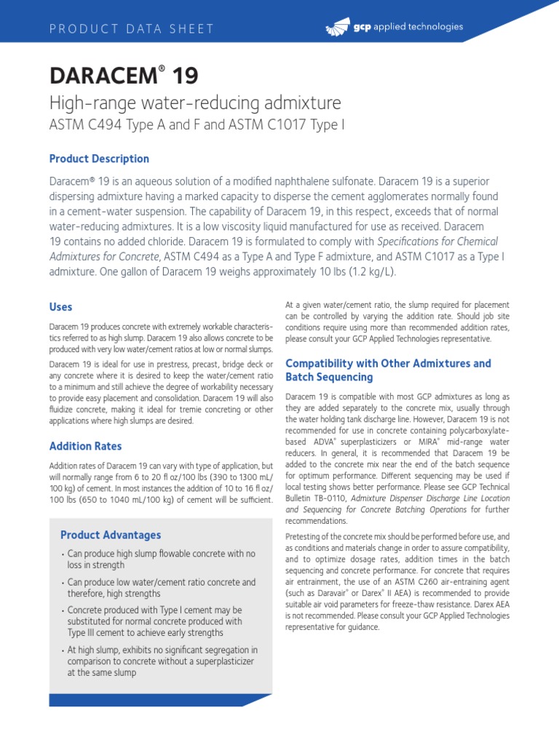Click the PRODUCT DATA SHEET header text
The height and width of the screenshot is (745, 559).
(131, 29)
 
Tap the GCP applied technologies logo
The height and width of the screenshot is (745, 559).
(393, 28)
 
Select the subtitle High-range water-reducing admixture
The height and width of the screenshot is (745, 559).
(194, 103)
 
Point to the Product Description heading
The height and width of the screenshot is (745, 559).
(99, 159)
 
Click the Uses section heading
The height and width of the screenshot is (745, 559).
(60, 307)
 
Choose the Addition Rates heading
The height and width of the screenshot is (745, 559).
(85, 446)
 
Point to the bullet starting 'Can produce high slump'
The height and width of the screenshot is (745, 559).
(161, 559)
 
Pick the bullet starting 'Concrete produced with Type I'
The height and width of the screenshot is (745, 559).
(155, 621)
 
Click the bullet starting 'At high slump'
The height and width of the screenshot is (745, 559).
(162, 661)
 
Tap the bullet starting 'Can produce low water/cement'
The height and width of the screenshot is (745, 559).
(161, 588)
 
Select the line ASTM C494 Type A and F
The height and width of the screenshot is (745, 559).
(196, 125)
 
